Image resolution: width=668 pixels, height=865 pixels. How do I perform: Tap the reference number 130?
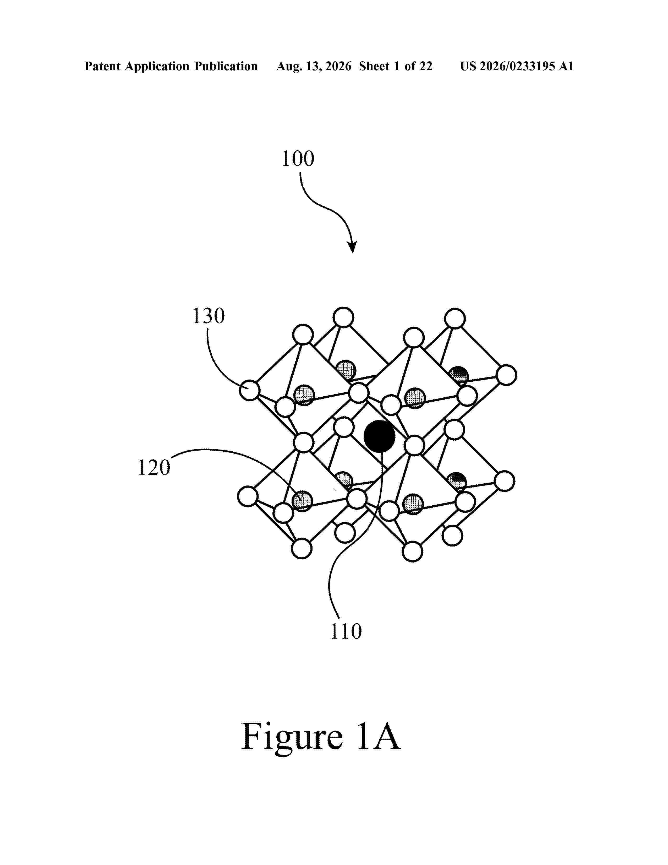pyautogui.click(x=209, y=316)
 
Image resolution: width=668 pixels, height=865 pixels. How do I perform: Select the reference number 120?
pyautogui.click(x=154, y=467)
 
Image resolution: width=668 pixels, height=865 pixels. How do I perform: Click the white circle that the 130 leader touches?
pyautogui.click(x=250, y=390)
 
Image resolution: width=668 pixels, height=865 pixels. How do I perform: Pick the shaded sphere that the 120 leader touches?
pyautogui.click(x=302, y=501)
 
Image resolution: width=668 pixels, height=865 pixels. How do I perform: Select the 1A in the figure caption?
pyautogui.click(x=378, y=736)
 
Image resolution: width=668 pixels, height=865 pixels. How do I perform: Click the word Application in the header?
pyautogui.click(x=157, y=67)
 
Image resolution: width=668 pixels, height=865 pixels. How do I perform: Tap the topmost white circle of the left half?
pyautogui.click(x=343, y=317)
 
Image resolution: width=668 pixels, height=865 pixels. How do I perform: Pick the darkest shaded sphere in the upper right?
pyautogui.click(x=459, y=375)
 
